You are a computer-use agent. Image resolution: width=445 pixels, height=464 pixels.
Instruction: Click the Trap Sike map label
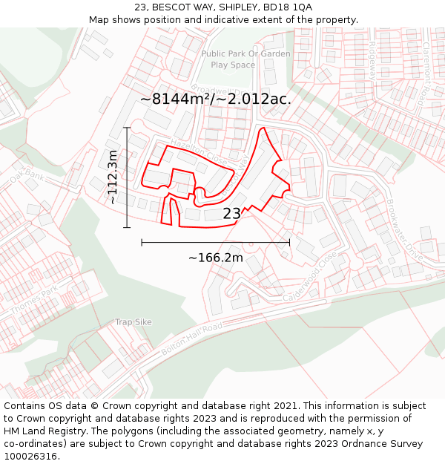pyautogui.click(x=133, y=322)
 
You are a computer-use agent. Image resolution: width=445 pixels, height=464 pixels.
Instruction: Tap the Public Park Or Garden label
pyautogui.click(x=245, y=53)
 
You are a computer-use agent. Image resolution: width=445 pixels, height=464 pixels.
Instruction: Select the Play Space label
pyautogui.click(x=232, y=65)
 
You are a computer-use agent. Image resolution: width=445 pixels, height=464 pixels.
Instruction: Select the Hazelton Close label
pyautogui.click(x=198, y=149)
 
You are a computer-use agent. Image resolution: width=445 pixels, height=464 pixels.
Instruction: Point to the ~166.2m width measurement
pyautogui.click(x=215, y=258)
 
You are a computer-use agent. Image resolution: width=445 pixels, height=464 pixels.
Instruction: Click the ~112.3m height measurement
pyautogui.click(x=113, y=177)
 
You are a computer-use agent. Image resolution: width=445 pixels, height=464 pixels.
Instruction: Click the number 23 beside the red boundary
pyautogui.click(x=231, y=214)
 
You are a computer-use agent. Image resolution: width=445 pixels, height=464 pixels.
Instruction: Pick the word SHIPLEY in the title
pyautogui.click(x=236, y=7)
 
